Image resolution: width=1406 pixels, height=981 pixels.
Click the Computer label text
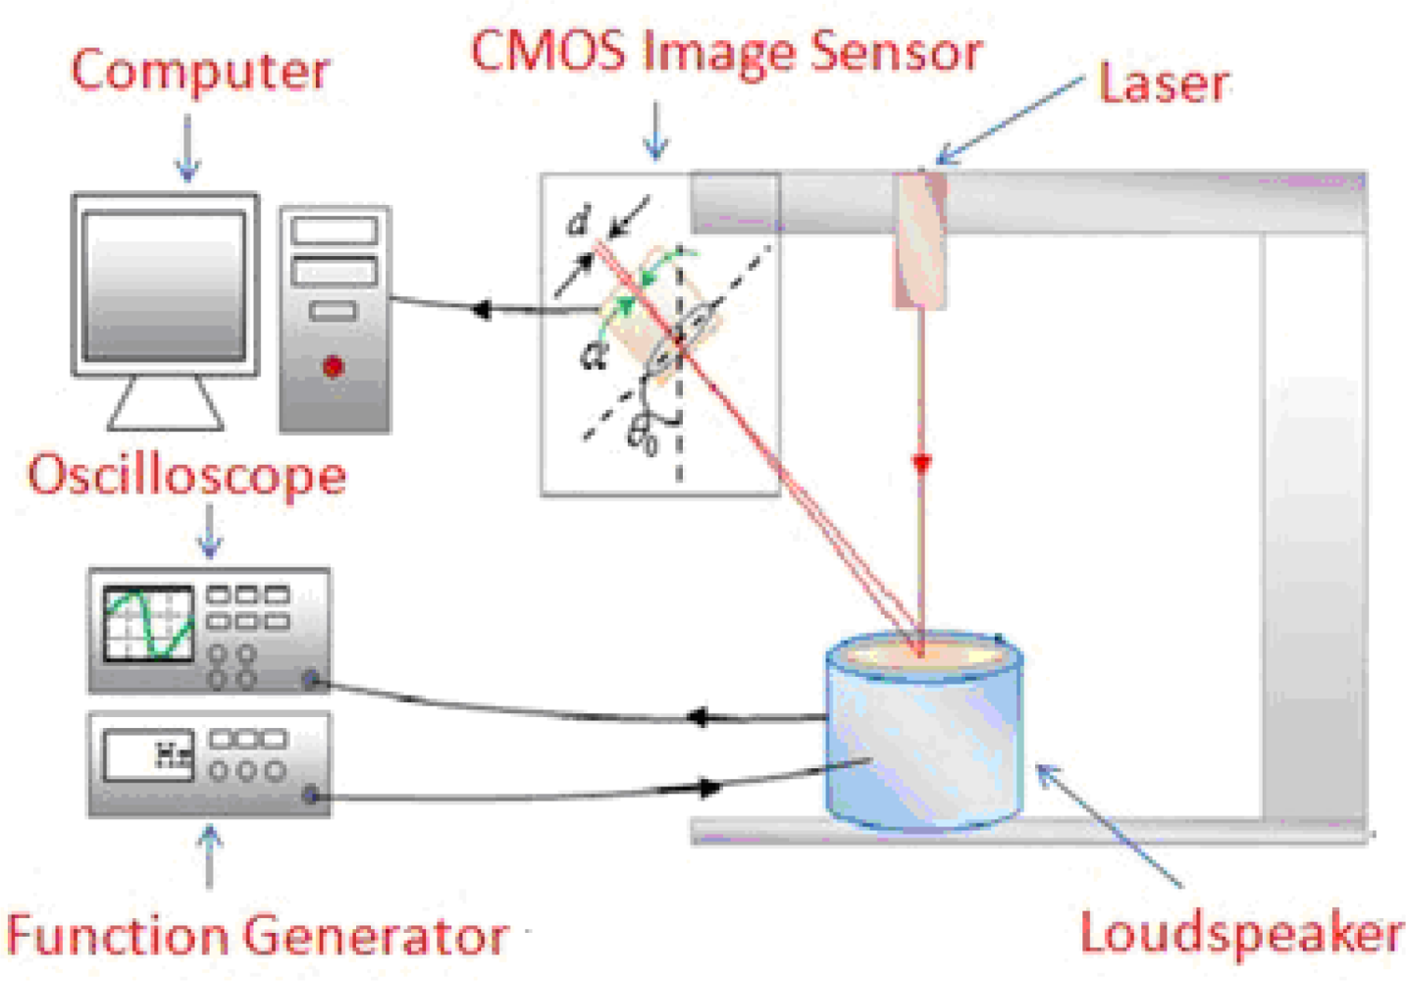[200, 72]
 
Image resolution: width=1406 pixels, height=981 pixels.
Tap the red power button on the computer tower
[333, 367]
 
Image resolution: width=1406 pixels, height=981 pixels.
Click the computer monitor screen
[164, 284]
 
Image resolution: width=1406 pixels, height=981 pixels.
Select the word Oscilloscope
[186, 476]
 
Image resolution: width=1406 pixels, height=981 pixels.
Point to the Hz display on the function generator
[173, 754]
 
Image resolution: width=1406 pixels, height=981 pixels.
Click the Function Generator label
[257, 934]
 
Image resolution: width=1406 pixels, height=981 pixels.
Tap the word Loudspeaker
[1240, 932]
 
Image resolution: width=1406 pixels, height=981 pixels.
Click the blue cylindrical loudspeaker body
[922, 746]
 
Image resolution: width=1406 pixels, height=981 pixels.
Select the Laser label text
[1163, 84]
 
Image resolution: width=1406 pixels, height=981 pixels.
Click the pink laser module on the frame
[919, 240]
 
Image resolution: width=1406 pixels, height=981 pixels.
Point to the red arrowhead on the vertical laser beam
[920, 463]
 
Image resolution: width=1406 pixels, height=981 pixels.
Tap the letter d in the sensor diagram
[579, 223]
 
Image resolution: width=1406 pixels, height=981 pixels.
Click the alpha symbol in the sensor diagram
[593, 356]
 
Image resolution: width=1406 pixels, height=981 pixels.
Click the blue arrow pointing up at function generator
[209, 853]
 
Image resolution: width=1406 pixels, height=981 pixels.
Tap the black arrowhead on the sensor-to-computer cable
[480, 310]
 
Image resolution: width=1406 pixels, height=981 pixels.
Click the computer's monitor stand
[165, 404]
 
